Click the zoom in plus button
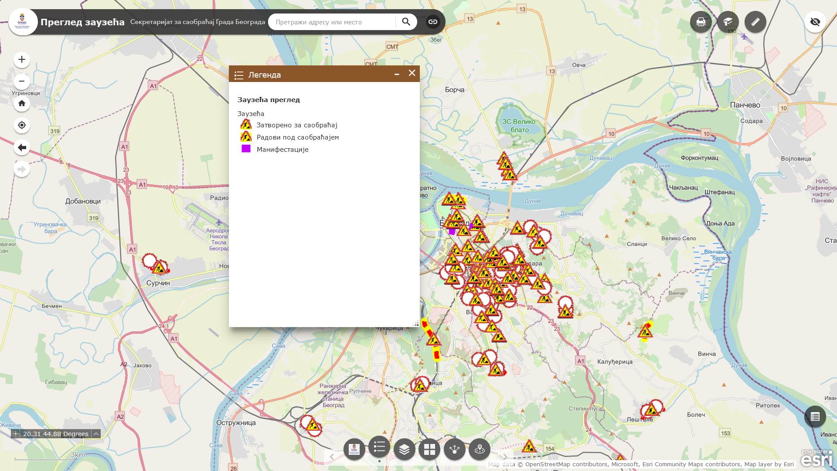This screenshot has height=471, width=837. point(22,60)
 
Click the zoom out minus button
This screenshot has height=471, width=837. point(22,82)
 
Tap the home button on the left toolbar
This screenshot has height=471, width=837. point(22,104)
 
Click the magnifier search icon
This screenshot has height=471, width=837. point(406,22)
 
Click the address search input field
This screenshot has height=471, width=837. point(333,22)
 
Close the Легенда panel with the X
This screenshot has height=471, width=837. point(412,73)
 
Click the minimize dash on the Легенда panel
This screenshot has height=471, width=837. point(397,75)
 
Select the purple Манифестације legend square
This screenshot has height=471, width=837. point(246,149)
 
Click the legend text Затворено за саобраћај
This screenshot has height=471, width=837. point(297,125)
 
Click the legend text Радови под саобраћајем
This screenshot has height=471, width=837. point(298,137)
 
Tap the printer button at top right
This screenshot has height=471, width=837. point(701,22)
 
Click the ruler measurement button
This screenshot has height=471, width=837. point(755,22)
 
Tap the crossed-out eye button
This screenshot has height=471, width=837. point(815,22)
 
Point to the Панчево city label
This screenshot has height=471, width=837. point(745,105)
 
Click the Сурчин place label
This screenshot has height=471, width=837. point(158,283)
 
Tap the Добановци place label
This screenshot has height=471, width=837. point(83,201)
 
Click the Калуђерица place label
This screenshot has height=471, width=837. point(615,362)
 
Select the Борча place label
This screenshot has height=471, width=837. point(455,90)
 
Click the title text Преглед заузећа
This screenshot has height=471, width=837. point(82,22)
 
